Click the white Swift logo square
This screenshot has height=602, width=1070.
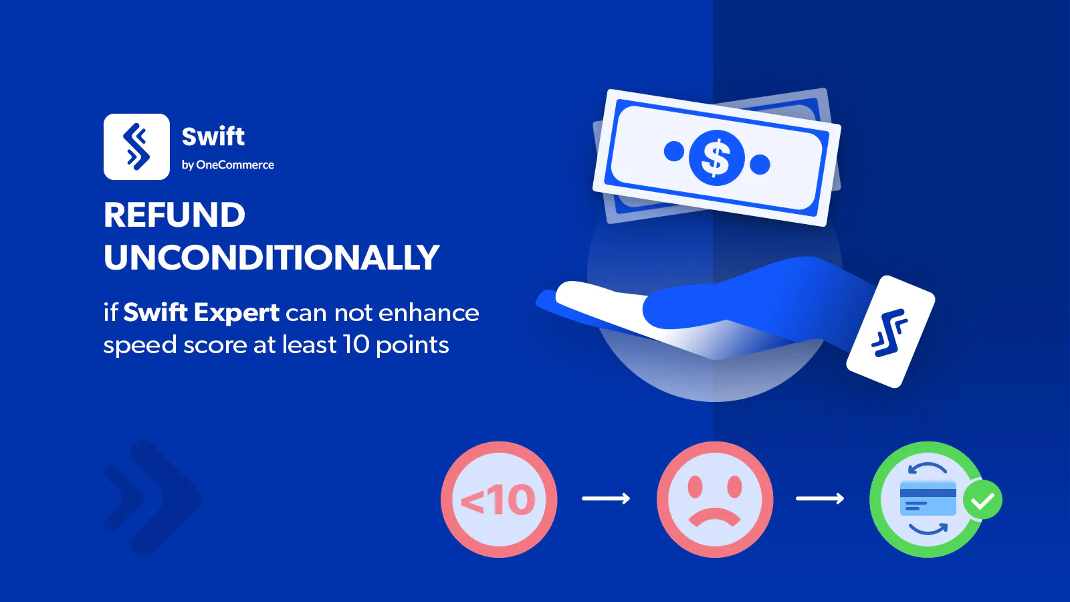tap(136, 146)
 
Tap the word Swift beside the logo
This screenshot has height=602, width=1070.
tap(213, 136)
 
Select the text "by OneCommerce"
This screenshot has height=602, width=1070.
tap(228, 165)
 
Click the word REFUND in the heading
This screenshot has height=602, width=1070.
tap(175, 215)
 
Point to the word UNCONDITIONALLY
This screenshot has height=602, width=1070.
tap(272, 257)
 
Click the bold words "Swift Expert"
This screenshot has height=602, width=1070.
tap(201, 313)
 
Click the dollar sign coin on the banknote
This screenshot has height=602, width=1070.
tap(716, 158)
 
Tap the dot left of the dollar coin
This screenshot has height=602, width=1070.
tap(674, 151)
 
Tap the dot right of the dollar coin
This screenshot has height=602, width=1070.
tap(760, 165)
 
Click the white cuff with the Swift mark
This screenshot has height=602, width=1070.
tap(890, 332)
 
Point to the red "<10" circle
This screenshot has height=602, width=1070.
tap(499, 499)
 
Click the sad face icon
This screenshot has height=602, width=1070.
tap(715, 499)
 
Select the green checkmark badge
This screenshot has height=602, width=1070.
tap(982, 500)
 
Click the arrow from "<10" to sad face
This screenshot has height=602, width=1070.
tap(606, 499)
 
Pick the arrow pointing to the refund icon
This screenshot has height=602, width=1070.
tap(820, 499)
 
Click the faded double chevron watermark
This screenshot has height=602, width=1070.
tap(153, 498)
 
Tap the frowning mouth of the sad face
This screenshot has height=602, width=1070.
tap(715, 516)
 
